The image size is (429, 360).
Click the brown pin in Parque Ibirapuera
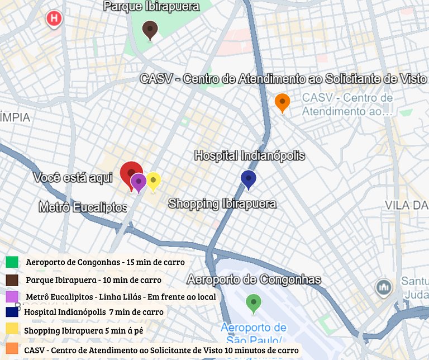click(149, 30)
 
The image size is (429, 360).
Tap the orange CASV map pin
click(283, 102)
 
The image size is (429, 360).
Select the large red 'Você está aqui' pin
click(131, 173)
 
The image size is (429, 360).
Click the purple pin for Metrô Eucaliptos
click(139, 182)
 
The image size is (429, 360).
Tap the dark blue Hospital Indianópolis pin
click(249, 179)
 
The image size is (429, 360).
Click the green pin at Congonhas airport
click(254, 303)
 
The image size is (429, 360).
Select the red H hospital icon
click(54, 18)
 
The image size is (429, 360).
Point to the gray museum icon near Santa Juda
click(383, 287)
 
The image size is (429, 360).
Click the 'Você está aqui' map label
click(73, 178)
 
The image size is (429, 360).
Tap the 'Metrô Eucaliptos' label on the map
click(83, 207)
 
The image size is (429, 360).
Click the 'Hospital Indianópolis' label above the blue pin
click(249, 155)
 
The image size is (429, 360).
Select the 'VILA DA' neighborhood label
click(406, 205)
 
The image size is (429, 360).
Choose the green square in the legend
click(12, 262)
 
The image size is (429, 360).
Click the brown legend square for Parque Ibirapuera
click(12, 280)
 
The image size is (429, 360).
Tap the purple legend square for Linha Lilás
click(12, 296)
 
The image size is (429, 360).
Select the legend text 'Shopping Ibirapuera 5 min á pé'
click(83, 330)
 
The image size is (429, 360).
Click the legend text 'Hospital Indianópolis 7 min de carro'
click(94, 312)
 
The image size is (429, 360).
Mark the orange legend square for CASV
click(12, 349)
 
